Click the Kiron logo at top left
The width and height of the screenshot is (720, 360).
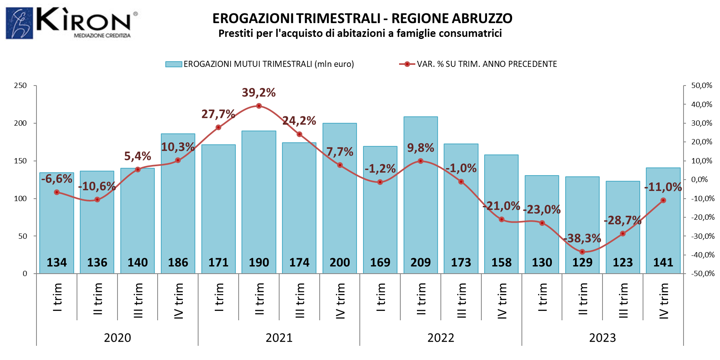pos(72,23)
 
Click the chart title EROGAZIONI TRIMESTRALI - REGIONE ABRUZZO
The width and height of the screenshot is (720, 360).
pos(362,19)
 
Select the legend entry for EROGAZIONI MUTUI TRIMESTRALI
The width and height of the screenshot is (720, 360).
pos(260,64)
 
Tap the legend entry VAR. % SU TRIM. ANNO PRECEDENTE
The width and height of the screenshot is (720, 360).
pos(478,64)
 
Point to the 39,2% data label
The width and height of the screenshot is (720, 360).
pos(259,93)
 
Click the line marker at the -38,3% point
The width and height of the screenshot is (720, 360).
pos(582,252)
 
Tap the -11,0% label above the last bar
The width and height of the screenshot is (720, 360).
pos(663,187)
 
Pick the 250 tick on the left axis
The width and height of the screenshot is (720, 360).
pos(20,86)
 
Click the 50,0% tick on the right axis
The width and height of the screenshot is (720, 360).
pos(702,86)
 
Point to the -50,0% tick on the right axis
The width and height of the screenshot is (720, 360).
pos(703,274)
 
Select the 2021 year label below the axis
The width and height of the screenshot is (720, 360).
pos(279,338)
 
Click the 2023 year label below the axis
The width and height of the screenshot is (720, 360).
pos(602,338)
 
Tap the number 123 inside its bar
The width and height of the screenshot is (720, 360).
pos(623,263)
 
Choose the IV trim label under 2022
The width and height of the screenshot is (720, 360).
pos(502,301)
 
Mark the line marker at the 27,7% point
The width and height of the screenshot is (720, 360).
pos(218,127)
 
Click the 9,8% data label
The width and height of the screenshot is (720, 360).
pos(421,148)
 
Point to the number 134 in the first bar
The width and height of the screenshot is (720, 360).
pos(57,263)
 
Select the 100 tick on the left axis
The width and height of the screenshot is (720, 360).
pos(20,199)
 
